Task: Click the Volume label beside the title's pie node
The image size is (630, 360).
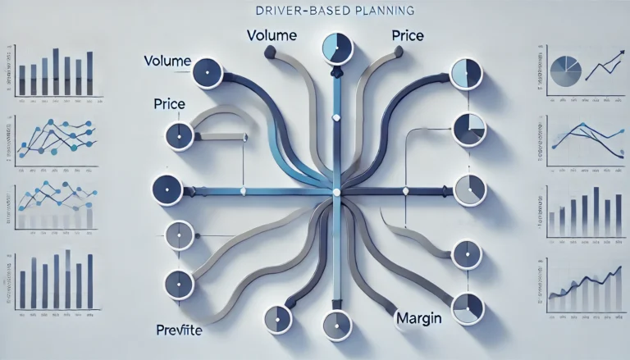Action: point(272,36)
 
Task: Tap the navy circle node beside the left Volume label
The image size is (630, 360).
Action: point(208,73)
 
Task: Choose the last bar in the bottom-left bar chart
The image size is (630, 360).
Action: point(89,277)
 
